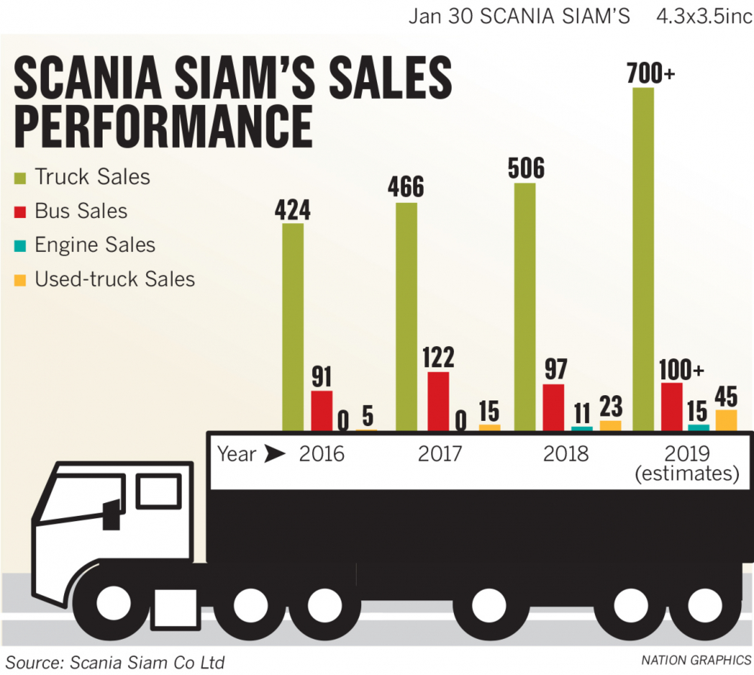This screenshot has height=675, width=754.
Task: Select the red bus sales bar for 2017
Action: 438,401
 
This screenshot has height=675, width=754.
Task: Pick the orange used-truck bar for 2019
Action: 726,420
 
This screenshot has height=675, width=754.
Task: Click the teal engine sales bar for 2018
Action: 582,428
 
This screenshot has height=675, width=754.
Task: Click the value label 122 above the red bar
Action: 438,357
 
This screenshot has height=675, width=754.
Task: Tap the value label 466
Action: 406,187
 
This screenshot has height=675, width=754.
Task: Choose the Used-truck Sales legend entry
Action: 114,279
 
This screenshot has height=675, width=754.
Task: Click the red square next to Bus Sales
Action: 20,212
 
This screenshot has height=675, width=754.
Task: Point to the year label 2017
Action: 440,454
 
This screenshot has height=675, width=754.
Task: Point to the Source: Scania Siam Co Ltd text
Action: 115,662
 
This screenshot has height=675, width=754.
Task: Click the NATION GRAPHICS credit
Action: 696,660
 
